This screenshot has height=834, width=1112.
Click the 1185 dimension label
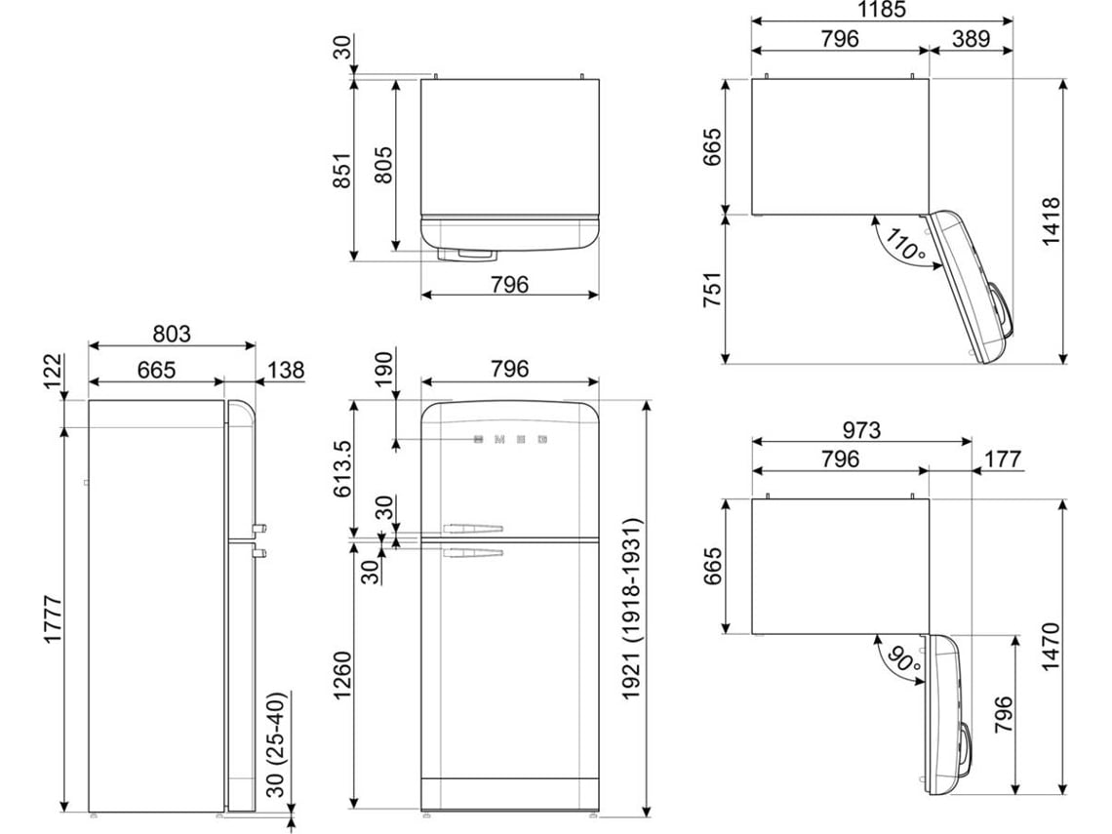click(882, 9)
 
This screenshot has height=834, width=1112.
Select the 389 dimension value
click(971, 38)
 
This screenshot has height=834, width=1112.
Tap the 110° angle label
click(905, 246)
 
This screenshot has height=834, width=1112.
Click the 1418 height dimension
click(1051, 221)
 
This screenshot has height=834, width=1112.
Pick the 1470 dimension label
click(1051, 646)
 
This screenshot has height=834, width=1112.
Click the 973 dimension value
click(861, 429)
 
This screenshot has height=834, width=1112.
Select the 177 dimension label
click(1002, 458)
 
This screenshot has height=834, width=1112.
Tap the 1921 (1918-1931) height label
click(630, 609)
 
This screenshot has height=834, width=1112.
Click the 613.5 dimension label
click(341, 468)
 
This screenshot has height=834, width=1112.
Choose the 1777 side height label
click(54, 619)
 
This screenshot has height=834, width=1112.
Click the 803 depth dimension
click(172, 334)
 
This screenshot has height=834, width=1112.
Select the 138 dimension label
click(287, 370)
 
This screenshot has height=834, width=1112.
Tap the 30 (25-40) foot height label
click(275, 744)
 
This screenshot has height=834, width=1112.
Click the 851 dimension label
click(341, 170)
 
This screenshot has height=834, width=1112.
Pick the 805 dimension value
click(383, 165)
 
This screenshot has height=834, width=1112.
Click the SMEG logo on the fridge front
click(510, 440)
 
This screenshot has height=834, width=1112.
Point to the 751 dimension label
click(712, 290)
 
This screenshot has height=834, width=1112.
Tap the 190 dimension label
click(383, 369)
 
